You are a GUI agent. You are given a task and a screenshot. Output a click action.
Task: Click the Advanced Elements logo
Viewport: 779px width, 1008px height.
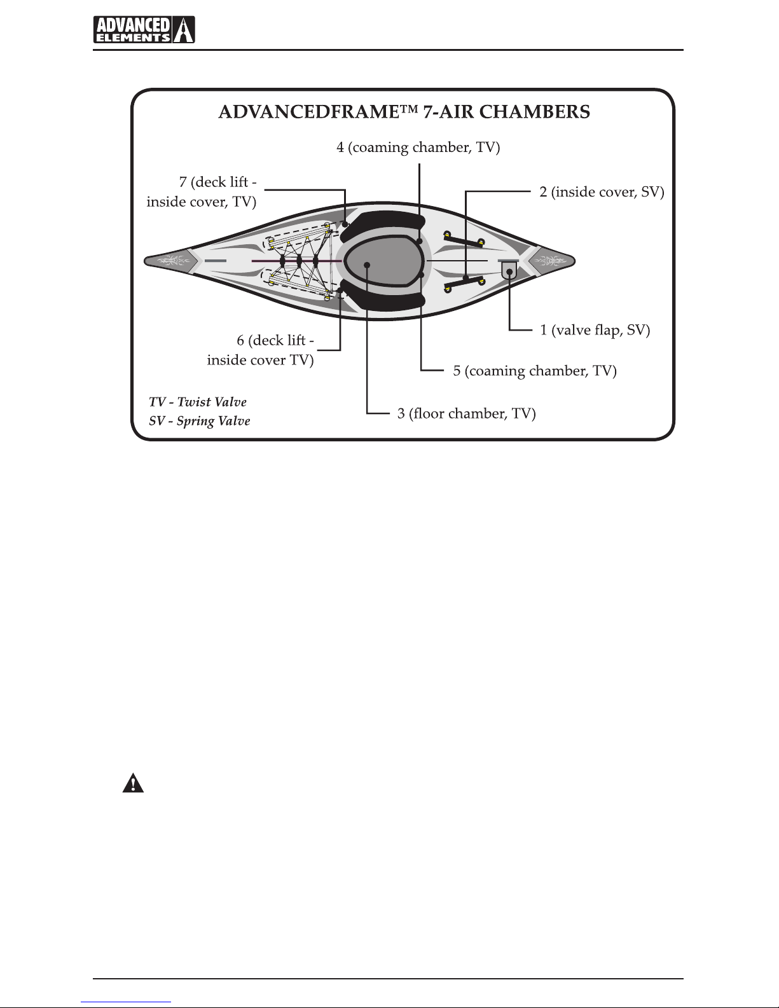144,29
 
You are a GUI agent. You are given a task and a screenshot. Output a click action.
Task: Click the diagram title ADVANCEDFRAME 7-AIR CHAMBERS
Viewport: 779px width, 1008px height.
404,112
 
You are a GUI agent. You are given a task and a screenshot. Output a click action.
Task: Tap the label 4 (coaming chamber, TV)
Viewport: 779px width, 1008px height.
418,148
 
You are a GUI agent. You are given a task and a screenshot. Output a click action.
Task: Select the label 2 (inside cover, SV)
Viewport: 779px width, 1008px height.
602,191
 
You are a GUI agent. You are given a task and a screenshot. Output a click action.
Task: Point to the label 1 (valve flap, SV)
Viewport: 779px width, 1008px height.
595,330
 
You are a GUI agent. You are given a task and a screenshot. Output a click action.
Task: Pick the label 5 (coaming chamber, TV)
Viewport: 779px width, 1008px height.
535,371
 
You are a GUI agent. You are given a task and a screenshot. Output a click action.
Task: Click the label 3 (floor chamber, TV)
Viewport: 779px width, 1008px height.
467,414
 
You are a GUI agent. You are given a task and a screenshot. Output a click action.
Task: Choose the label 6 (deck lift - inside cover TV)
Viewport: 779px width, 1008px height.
261,350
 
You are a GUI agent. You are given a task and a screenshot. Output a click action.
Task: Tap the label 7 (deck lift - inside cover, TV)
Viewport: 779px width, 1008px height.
202,192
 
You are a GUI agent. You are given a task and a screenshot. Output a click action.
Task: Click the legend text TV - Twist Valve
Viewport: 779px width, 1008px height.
198,402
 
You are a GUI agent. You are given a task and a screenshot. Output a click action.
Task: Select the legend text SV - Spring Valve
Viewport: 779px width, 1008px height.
200,421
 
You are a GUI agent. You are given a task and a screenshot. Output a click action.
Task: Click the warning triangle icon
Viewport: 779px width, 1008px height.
133,784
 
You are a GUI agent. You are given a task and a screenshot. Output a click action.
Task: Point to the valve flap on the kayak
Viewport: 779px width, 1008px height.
509,270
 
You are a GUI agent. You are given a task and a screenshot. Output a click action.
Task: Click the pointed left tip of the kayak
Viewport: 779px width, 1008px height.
148,261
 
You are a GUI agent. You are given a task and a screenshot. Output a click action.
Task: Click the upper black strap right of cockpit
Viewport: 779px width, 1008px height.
465,240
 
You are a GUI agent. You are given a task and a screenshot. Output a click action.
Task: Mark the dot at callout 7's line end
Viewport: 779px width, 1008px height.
345,224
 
